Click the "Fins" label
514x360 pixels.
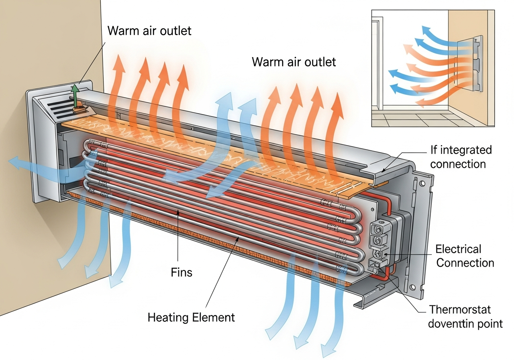pos(182,273)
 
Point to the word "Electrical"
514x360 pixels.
pos(458,250)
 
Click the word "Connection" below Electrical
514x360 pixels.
pos(465,263)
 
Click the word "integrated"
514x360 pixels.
pos(467,150)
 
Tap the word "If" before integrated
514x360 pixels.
pos(434,150)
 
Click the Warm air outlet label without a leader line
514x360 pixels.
pos(294,62)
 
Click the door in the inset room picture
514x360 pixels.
pos(376,64)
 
